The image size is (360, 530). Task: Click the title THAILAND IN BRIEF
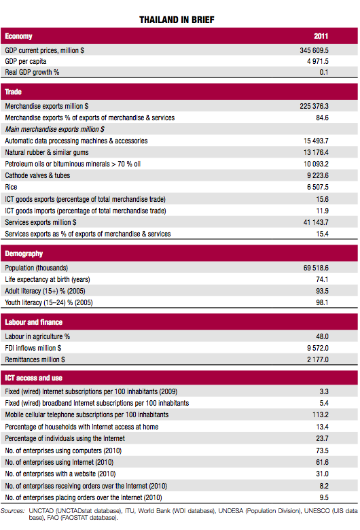[x=177, y=20]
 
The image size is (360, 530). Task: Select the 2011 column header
[x=321, y=36]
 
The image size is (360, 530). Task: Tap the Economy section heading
[x=18, y=36]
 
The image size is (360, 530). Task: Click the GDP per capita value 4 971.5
[x=318, y=61]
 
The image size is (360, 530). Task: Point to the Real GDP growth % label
[x=32, y=72]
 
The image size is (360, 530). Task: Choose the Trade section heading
[x=13, y=92]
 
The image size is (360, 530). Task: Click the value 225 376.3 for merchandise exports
[x=314, y=106]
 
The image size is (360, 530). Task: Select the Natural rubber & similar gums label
[x=47, y=152]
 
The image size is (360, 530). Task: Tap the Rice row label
[x=11, y=187]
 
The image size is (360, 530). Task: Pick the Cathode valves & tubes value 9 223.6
[x=318, y=175]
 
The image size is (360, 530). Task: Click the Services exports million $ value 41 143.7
[x=316, y=222]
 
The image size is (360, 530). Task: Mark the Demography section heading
[x=24, y=254]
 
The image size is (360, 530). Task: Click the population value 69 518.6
[x=316, y=268]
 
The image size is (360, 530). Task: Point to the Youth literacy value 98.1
[x=322, y=302]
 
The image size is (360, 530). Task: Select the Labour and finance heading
[x=33, y=322]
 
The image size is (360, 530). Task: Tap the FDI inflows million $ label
[x=33, y=348]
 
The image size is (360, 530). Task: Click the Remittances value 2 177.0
[x=318, y=359]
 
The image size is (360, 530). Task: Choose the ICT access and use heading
[x=33, y=378]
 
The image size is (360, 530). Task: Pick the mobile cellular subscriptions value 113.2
[x=321, y=414]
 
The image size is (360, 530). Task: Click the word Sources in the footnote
[x=12, y=511]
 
